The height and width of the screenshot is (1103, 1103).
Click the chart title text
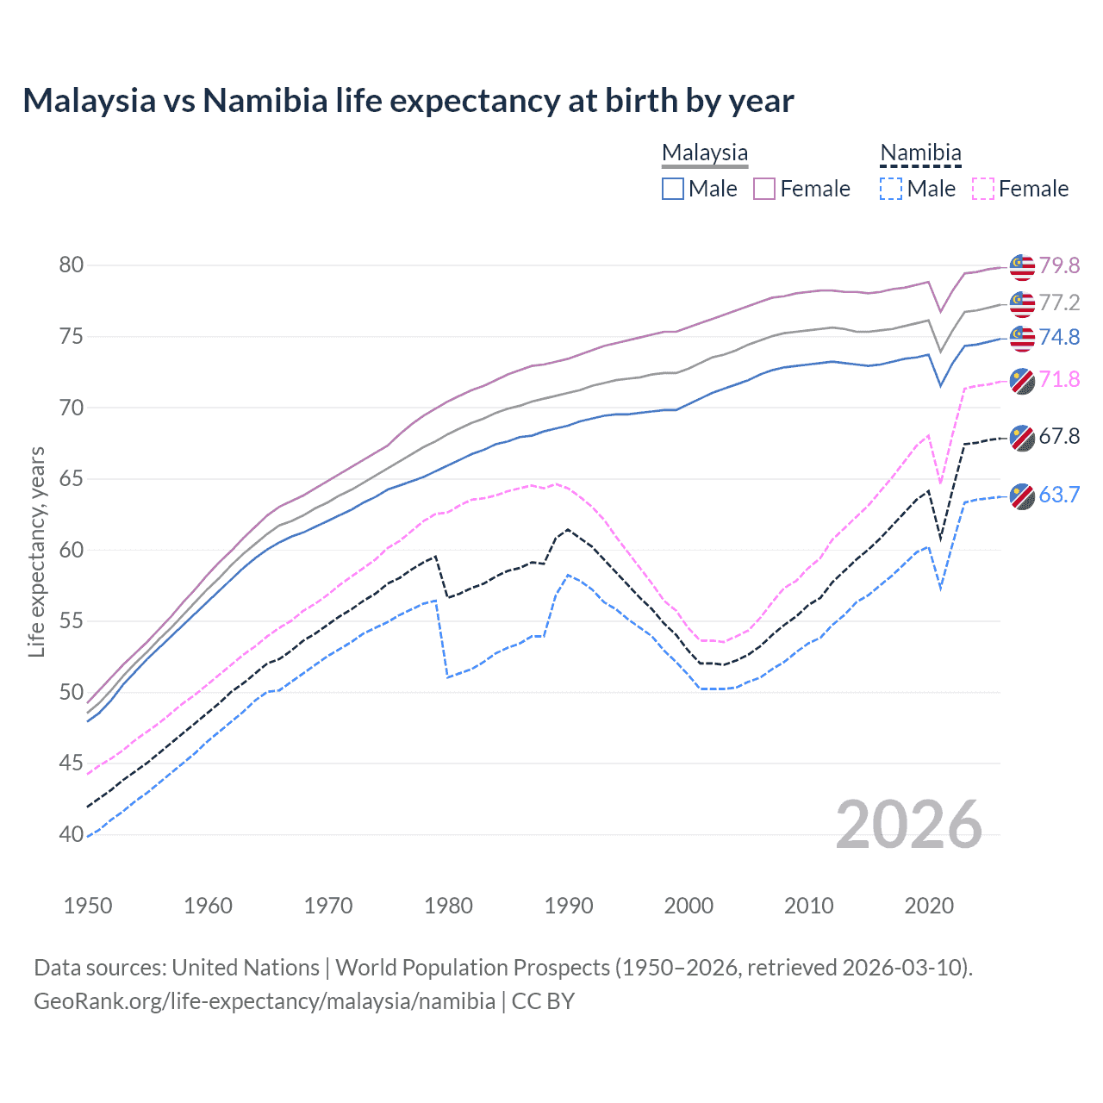[x=408, y=101]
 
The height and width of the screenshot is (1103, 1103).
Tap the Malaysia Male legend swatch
[x=673, y=189]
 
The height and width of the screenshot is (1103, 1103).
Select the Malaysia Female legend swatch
[x=764, y=189]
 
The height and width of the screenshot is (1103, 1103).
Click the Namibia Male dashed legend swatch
[x=891, y=189]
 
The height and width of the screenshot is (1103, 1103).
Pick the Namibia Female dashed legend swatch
[x=983, y=189]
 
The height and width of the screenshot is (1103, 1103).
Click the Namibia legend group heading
[x=920, y=153]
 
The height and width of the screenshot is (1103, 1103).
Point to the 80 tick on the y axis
[x=72, y=265]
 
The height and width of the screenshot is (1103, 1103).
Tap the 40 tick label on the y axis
[x=72, y=834]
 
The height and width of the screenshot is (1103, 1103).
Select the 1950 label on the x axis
[x=88, y=906]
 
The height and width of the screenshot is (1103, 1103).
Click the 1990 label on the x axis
[x=569, y=906]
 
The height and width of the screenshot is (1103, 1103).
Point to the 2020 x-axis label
[x=929, y=906]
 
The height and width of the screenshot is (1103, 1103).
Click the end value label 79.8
[x=1059, y=265]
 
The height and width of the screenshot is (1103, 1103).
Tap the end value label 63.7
[x=1059, y=495]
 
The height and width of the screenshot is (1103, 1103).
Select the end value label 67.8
[x=1059, y=436]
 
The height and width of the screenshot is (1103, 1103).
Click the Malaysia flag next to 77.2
[x=1022, y=303]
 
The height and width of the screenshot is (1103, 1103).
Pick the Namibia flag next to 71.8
[x=1022, y=381]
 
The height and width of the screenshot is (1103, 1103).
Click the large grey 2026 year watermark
[x=909, y=826]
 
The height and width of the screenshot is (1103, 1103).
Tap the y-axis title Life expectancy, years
[x=36, y=552]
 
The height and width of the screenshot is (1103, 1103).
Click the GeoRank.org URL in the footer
[x=265, y=1001]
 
